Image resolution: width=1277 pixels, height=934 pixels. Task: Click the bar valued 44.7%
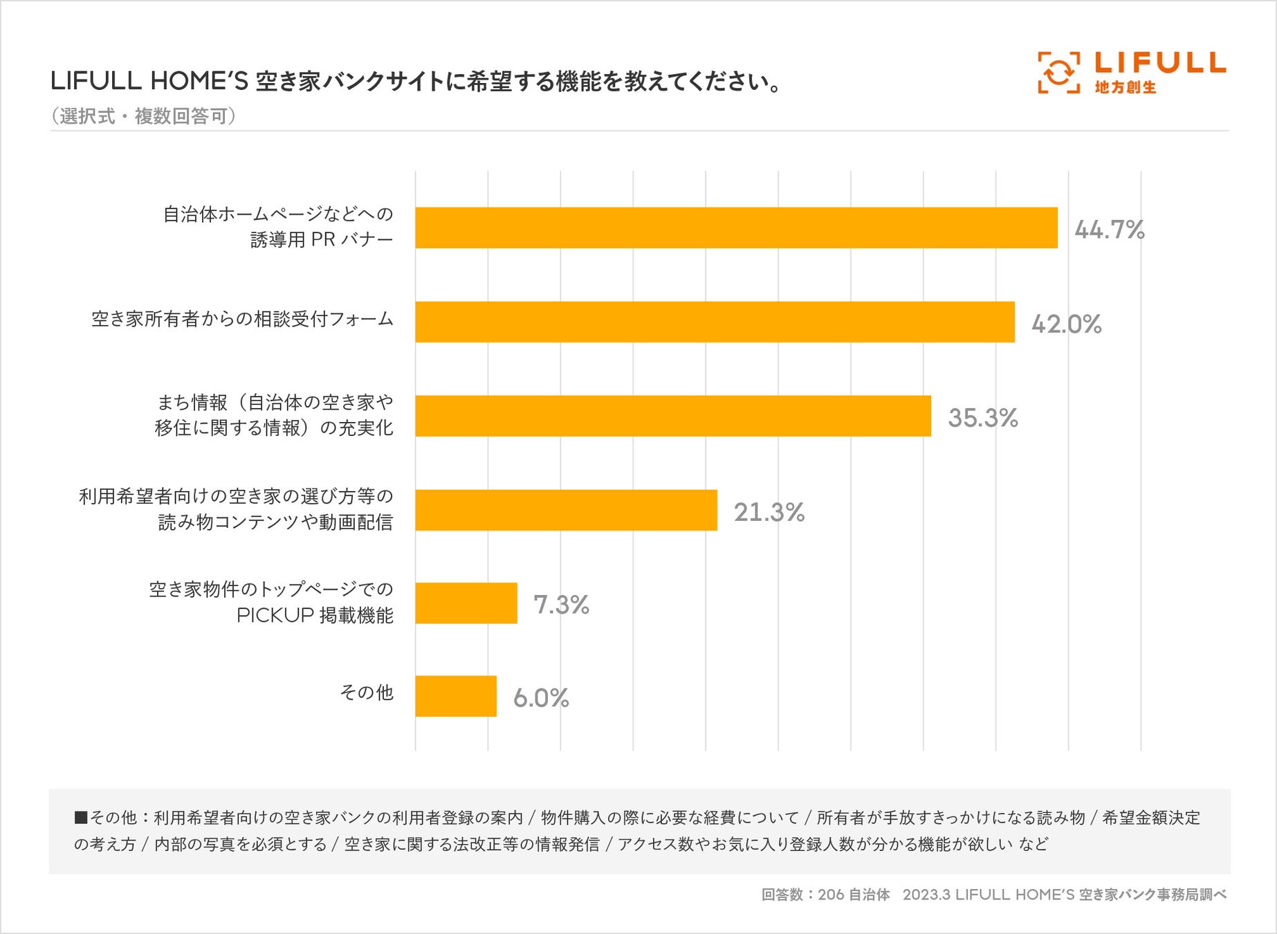click(x=736, y=228)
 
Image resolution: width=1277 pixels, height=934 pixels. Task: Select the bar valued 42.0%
click(x=715, y=322)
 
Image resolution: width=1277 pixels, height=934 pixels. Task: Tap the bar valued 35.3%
click(x=672, y=416)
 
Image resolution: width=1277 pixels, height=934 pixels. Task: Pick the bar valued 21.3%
click(x=566, y=510)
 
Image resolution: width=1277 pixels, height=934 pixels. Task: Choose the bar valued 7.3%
click(x=466, y=603)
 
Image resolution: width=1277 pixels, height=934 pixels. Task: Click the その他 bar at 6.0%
click(x=455, y=696)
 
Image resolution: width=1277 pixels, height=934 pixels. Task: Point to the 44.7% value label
click(x=1109, y=229)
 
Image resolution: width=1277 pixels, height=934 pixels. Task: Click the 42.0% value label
click(x=1066, y=324)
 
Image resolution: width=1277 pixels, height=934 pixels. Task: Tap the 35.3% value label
click(x=982, y=418)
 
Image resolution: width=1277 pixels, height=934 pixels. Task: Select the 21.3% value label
click(x=769, y=512)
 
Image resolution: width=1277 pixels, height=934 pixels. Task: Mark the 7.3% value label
click(x=561, y=605)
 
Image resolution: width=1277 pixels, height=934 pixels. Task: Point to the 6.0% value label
click(x=541, y=697)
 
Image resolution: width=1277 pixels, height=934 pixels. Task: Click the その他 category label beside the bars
click(x=366, y=693)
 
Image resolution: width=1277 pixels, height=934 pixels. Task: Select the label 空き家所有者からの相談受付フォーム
click(x=242, y=319)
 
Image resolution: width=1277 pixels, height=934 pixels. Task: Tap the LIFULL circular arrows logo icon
click(x=1058, y=72)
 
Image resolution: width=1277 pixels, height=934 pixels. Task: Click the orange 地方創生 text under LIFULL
click(x=1126, y=87)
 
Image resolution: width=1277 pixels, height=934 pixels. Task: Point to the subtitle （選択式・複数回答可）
click(x=143, y=116)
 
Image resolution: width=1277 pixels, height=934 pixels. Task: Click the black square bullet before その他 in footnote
click(x=81, y=818)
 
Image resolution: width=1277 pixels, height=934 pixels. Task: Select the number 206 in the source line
click(x=831, y=895)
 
